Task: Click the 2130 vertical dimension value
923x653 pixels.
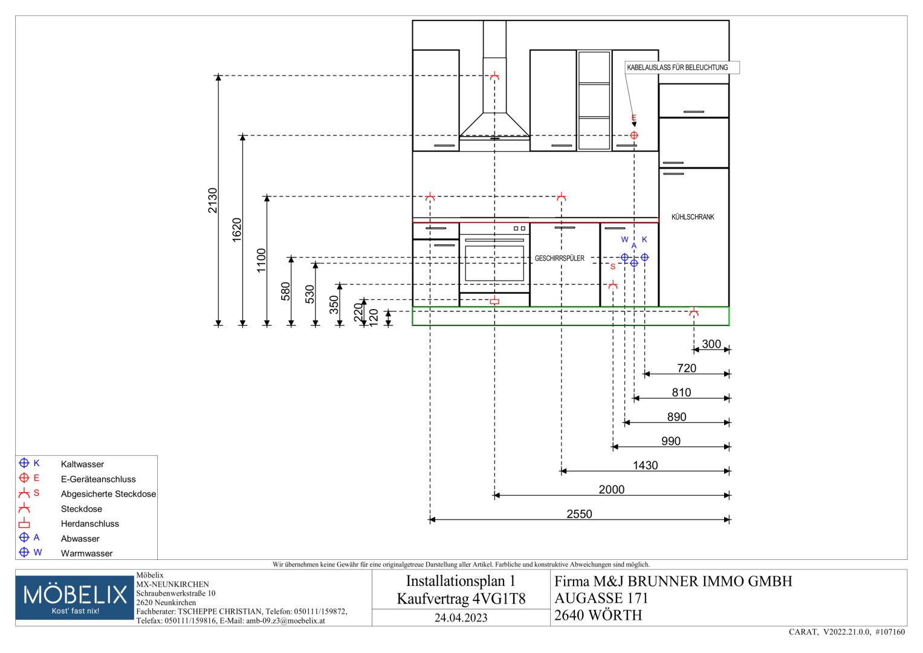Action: coord(213,200)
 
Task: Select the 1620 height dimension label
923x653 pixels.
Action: coord(237,230)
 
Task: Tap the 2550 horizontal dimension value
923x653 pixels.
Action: coord(579,514)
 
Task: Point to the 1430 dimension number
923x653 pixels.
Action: coord(646,466)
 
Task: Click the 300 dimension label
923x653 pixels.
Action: coord(711,344)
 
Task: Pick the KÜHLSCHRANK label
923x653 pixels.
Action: coord(693,217)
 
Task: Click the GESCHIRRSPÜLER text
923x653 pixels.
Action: coord(560,259)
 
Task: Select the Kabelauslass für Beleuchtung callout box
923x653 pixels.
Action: coord(682,68)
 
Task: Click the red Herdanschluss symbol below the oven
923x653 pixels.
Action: coord(495,301)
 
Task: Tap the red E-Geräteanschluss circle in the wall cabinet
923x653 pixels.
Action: coord(634,135)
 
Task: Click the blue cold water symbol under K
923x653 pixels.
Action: coord(645,257)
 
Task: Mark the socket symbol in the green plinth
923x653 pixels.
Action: coord(694,312)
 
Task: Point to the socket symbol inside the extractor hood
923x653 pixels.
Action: coord(495,76)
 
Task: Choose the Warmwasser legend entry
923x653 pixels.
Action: coord(86,554)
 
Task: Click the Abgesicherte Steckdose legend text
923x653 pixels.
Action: coord(108,494)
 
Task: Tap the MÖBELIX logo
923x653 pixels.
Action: coord(74,598)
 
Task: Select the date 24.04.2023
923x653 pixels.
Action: coord(461,618)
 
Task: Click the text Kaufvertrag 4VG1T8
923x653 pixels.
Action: coord(461,599)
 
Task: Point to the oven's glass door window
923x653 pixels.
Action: coord(494,264)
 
